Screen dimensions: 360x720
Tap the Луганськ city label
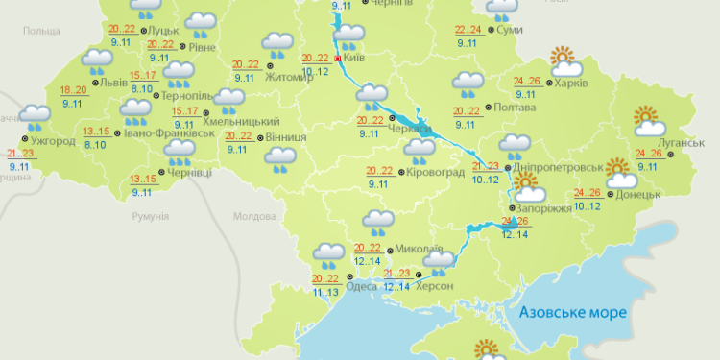coord(684,143)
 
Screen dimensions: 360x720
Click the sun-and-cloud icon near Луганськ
coord(650,123)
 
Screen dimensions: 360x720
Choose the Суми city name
coord(511,31)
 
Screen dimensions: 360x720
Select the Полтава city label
coord(516,108)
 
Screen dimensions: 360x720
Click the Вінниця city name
coord(285,137)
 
